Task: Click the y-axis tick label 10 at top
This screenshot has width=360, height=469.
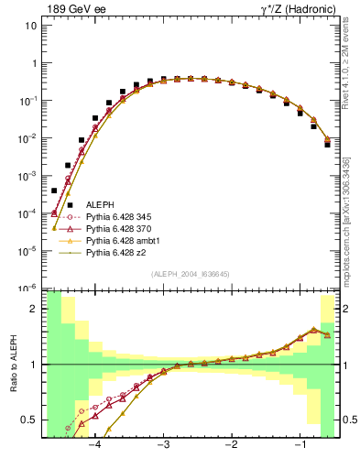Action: click(x=30, y=26)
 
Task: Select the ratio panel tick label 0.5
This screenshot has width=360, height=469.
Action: click(x=29, y=420)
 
